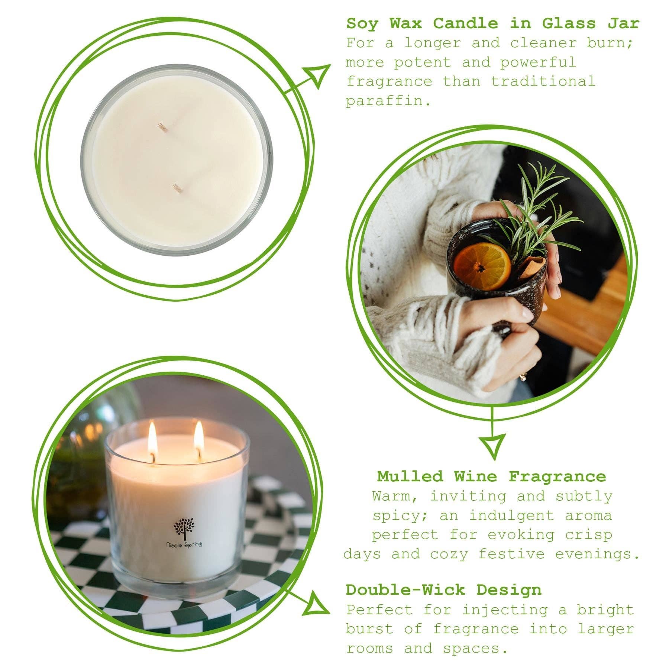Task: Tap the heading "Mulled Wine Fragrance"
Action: (x=491, y=476)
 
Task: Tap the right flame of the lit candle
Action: (x=199, y=434)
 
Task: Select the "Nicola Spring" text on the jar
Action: (x=184, y=544)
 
